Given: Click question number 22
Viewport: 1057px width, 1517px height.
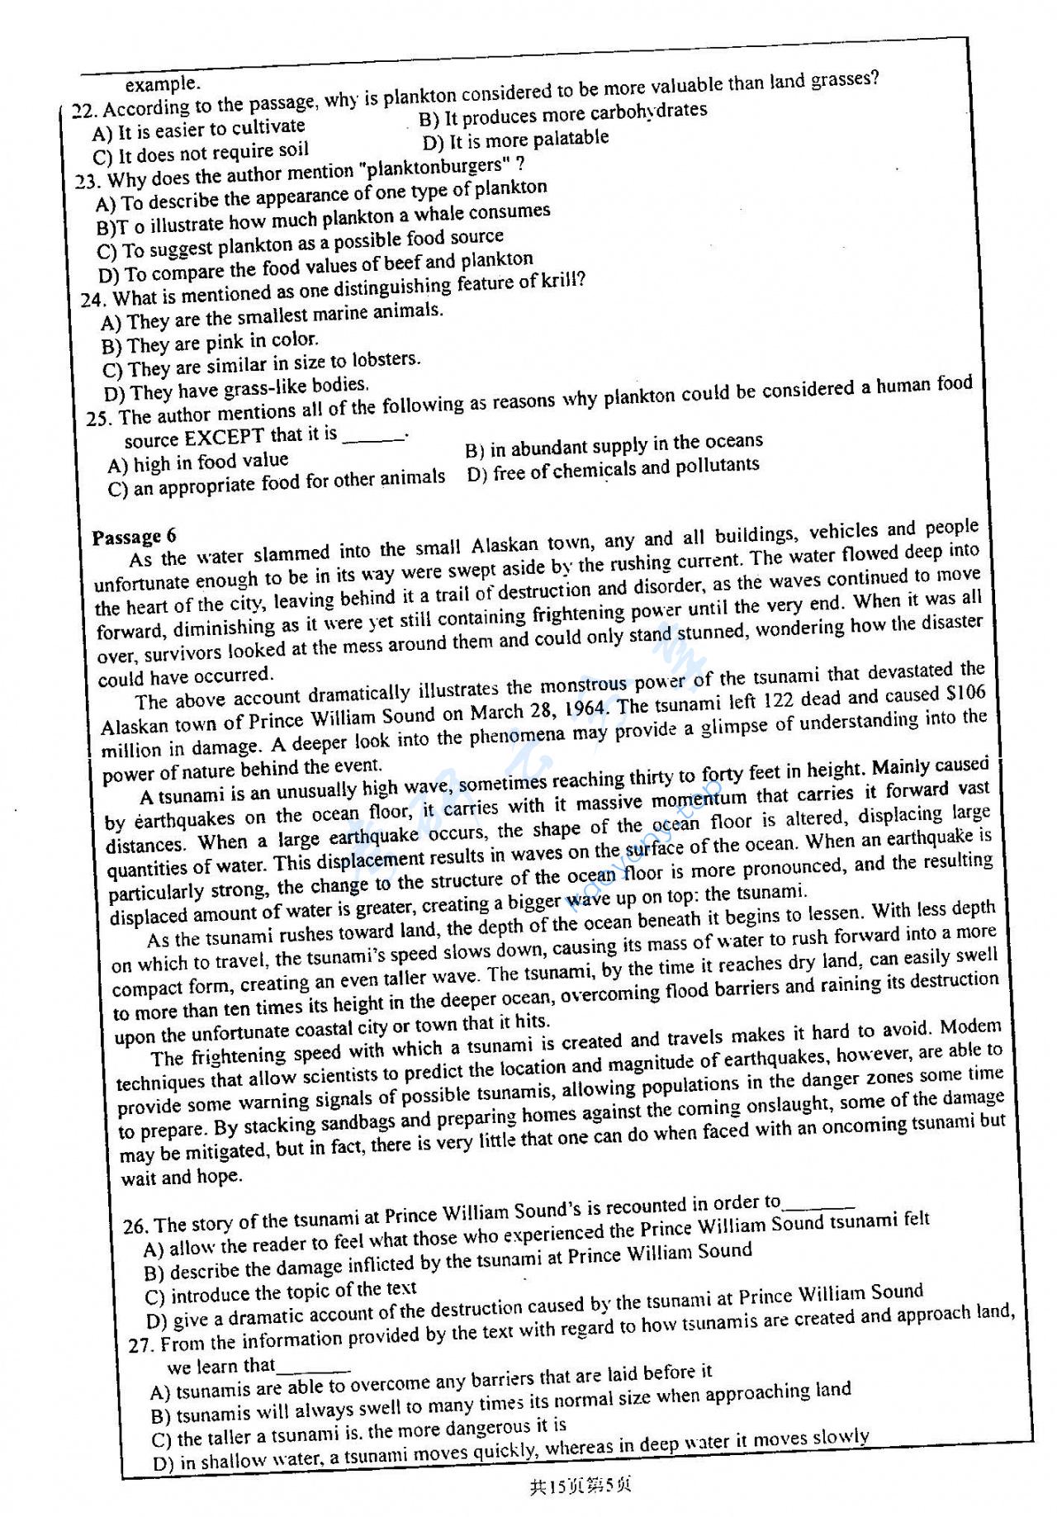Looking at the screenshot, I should [x=83, y=111].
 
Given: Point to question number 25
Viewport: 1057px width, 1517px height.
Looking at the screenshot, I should [x=98, y=419].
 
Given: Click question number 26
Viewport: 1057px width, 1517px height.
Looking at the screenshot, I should [x=135, y=1226].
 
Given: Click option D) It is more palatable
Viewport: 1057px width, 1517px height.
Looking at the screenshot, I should [x=515, y=140].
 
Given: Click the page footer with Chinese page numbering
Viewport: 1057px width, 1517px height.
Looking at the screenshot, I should [x=581, y=1486].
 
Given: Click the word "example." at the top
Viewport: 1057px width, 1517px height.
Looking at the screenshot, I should [x=163, y=84].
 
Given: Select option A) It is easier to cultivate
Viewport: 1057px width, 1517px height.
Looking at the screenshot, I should [x=199, y=129].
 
